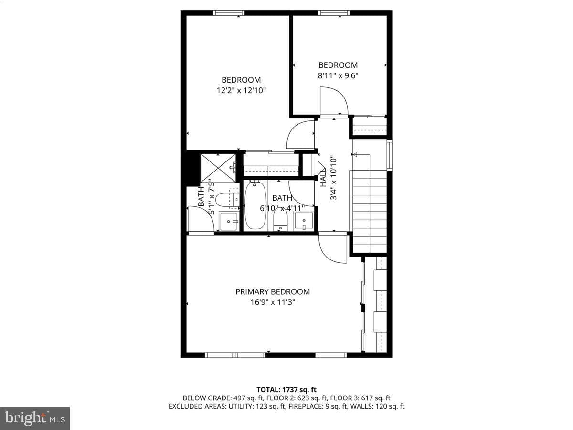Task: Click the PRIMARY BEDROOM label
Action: [x=273, y=291]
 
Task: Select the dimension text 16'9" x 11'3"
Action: [x=273, y=302]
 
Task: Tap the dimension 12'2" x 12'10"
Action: [x=241, y=91]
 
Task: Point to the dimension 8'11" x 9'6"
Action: [x=338, y=75]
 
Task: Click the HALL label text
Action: [x=323, y=177]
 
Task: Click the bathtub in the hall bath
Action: [x=255, y=205]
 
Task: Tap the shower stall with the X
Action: [x=218, y=168]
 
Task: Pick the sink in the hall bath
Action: [x=304, y=221]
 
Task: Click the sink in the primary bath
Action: [x=229, y=221]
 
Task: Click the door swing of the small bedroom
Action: [x=334, y=101]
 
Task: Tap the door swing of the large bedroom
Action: [x=301, y=134]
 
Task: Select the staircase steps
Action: [x=370, y=212]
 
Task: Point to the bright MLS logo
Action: [x=35, y=419]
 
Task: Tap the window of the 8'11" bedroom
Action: [x=334, y=13]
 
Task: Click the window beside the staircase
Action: [x=389, y=155]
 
